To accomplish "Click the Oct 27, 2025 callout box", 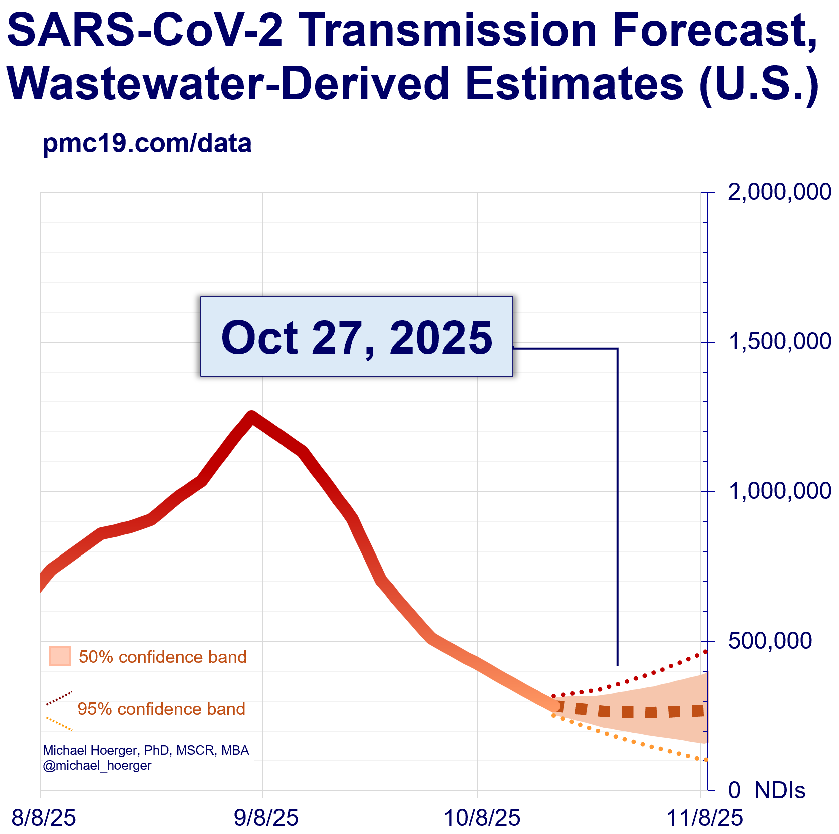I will coord(357,336).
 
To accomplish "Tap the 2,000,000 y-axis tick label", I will coord(779,192).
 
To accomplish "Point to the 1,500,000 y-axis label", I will coord(779,342).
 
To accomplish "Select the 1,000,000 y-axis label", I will coord(779,491).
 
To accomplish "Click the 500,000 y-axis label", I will coord(770,641).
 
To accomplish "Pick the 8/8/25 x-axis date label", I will coord(44,818).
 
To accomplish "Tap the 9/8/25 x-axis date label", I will coord(266,818).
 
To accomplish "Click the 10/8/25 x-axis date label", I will coord(482,818).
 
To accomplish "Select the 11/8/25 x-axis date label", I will coord(705,818).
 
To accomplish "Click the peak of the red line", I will coord(251,416).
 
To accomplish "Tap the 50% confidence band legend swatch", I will coord(60,656).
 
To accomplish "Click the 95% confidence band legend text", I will coord(161,709).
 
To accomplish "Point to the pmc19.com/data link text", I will coord(147,144).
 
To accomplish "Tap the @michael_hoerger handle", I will coord(97,765).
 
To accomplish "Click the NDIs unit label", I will coord(779,790).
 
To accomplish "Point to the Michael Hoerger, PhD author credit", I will coord(146,750).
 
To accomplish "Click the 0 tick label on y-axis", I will coord(734,790).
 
